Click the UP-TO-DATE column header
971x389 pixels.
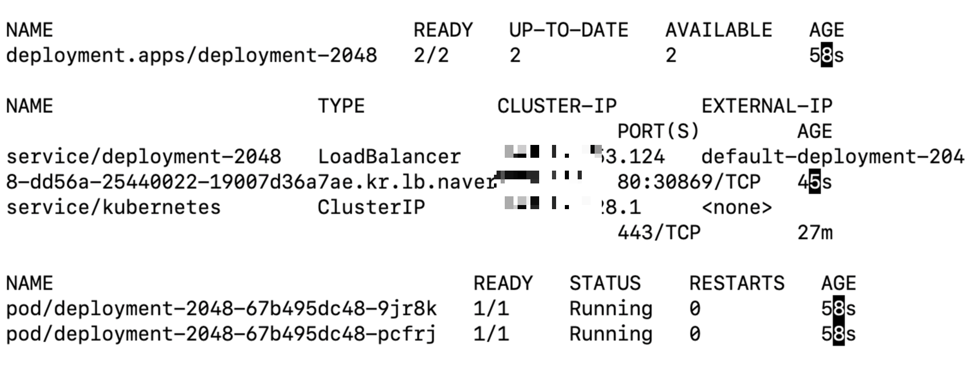click(x=568, y=30)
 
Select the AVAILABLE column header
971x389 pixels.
click(x=718, y=30)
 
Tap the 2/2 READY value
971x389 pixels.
click(x=431, y=55)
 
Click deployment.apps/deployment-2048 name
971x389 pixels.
click(x=192, y=55)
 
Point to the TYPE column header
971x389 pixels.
click(x=341, y=106)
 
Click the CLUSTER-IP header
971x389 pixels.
click(x=557, y=106)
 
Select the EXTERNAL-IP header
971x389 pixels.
click(x=767, y=106)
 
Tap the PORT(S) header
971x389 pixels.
click(x=658, y=132)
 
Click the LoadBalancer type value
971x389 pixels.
click(x=389, y=157)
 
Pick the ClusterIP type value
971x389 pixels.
click(x=371, y=208)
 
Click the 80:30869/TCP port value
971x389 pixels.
click(x=689, y=182)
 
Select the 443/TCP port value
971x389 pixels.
click(x=659, y=233)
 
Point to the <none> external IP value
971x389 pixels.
click(x=736, y=208)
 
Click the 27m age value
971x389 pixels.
click(x=815, y=233)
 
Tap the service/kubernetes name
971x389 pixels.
click(x=113, y=208)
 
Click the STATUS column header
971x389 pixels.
click(x=605, y=284)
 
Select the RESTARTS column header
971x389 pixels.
click(x=736, y=284)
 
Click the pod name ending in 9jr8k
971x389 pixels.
click(x=221, y=309)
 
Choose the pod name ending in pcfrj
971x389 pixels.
click(x=221, y=334)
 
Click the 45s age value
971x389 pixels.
click(x=815, y=182)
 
